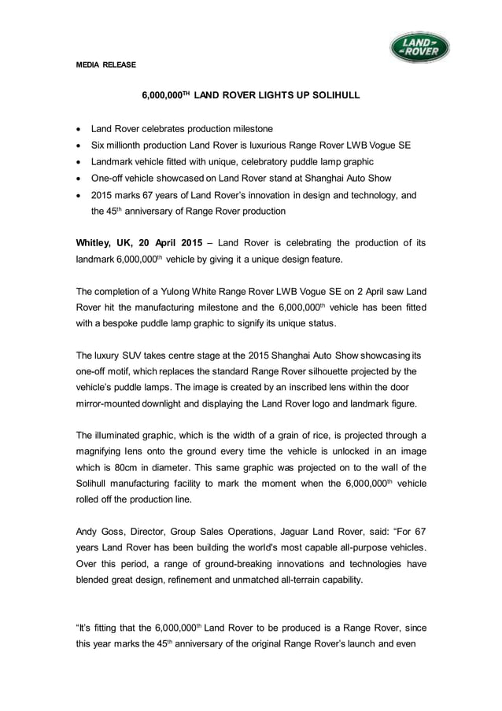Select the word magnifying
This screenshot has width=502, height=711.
click(x=102, y=451)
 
